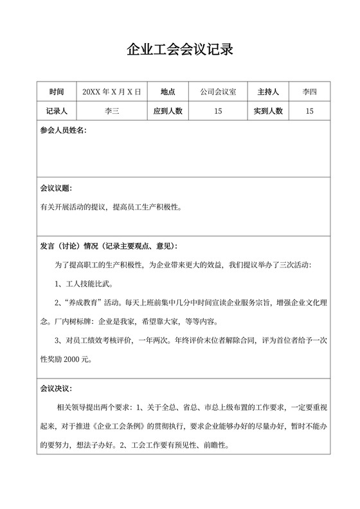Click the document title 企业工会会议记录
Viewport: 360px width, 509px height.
(179, 49)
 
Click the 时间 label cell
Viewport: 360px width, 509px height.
(57, 92)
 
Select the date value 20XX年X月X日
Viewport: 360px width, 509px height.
(112, 92)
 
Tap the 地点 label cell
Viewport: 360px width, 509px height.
(168, 92)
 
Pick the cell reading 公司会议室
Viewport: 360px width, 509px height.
(218, 92)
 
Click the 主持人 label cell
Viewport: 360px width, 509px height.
(269, 92)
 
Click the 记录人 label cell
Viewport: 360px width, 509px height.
(57, 111)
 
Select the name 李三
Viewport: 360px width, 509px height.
(112, 111)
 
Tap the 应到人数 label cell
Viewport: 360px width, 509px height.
(168, 111)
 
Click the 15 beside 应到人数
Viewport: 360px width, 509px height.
(218, 111)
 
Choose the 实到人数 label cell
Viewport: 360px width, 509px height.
(269, 111)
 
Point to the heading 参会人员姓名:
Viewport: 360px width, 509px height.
(63, 130)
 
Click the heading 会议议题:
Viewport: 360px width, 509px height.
(56, 189)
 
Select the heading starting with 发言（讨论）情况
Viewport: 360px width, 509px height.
(109, 246)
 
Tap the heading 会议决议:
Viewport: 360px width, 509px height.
(56, 389)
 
